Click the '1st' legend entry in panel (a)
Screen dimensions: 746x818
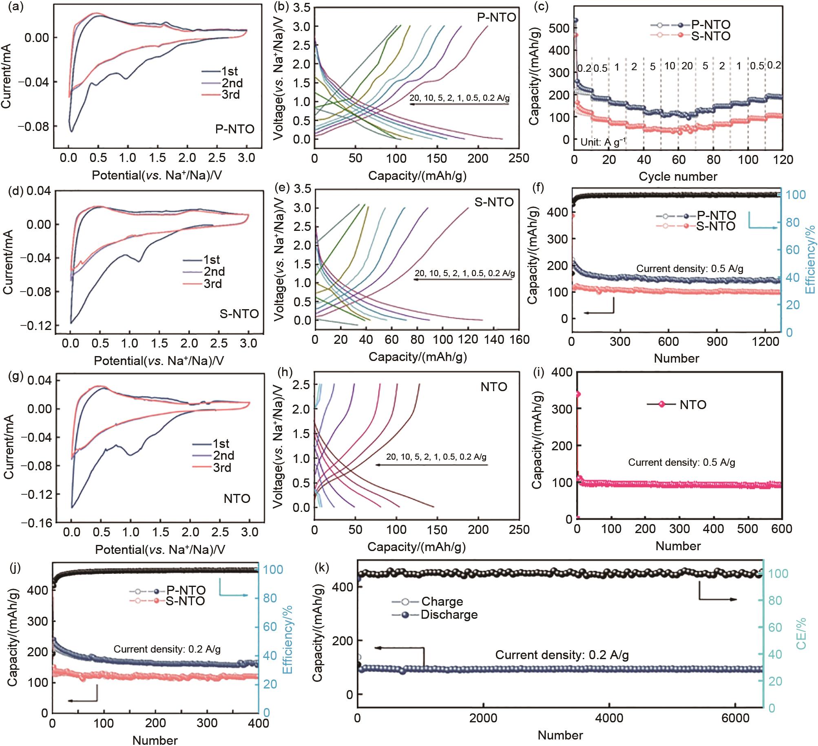[230, 71]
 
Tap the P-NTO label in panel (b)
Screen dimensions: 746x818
[496, 18]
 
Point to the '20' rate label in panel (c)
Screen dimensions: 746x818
[687, 66]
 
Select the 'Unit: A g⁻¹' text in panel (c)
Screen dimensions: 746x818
[603, 142]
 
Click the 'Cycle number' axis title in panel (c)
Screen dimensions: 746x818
[678, 176]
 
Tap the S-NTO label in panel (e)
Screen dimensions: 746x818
[494, 202]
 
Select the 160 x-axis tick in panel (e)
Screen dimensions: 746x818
[519, 339]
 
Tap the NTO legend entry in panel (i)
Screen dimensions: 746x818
[693, 405]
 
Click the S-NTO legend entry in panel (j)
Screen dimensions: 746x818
[185, 601]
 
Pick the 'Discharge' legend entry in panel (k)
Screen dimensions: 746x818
[449, 615]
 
